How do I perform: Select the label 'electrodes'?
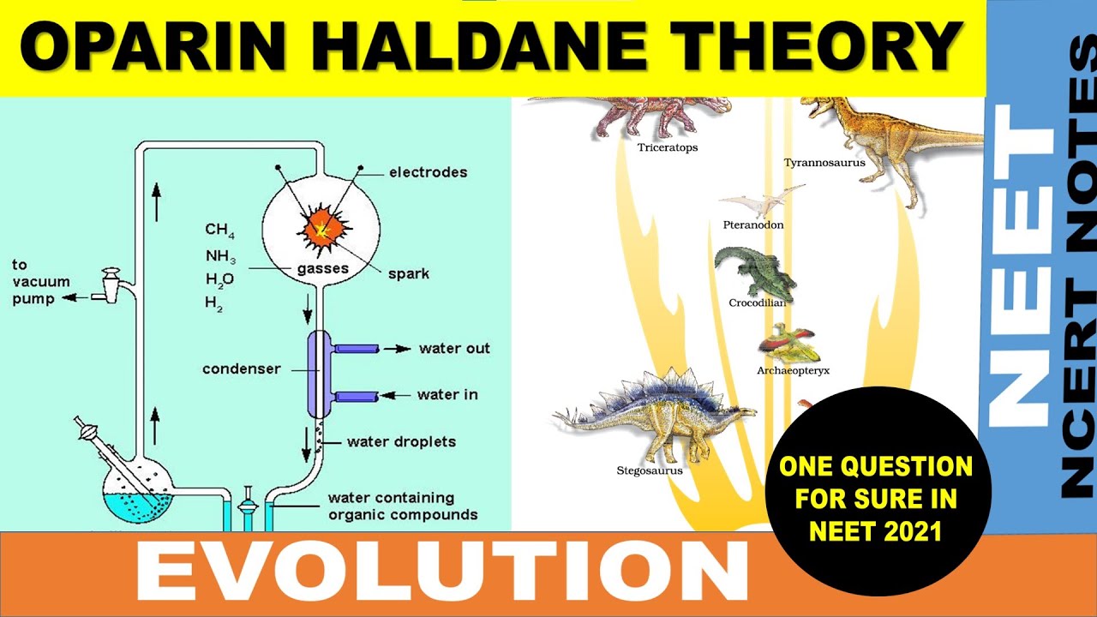428,172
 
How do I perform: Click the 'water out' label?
454,349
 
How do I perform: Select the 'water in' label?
447,395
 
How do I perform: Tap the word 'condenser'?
242,369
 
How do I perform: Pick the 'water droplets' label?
401,442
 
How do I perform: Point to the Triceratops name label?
668,147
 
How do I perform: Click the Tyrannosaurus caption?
824,162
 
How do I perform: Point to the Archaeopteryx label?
793,371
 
